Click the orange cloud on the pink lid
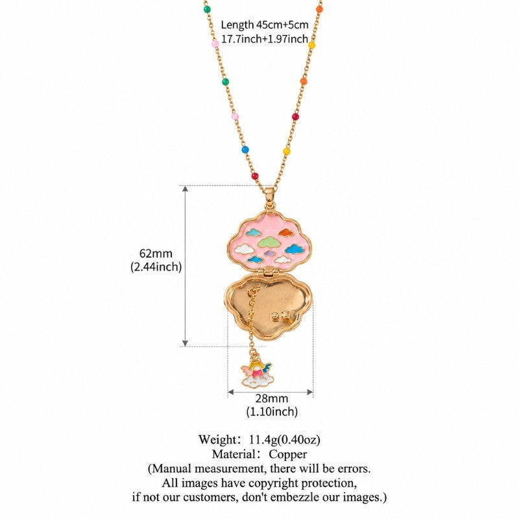tap(286, 233)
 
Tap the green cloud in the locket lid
tap(269, 242)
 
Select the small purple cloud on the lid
tap(270, 253)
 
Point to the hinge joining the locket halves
tap(268, 272)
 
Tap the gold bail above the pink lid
tap(270, 198)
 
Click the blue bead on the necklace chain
tap(245, 150)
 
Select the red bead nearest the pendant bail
tap(254, 176)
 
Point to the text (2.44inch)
tap(156, 267)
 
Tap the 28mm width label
tap(271, 398)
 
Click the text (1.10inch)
tap(272, 411)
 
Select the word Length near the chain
tap(237, 25)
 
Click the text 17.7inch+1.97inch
tap(265, 39)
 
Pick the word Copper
tap(287, 454)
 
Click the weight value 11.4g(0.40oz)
tap(284, 440)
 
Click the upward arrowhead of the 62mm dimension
tap(186, 189)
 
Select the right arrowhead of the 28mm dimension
tap(310, 392)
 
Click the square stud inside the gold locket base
tap(286, 315)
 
